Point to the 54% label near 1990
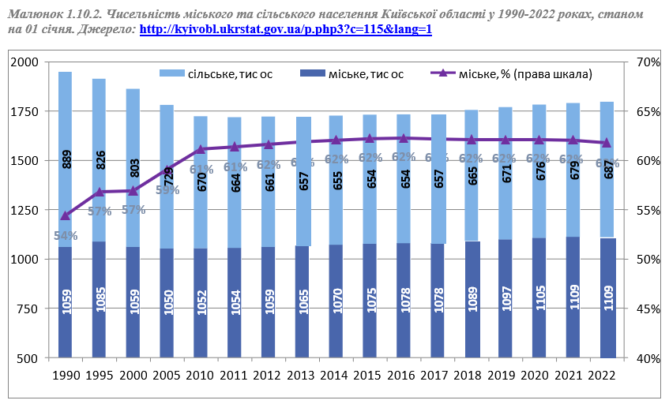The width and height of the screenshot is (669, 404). tap(65, 235)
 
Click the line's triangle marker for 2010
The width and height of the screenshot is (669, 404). tap(201, 148)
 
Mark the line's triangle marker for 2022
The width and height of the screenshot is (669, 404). tap(606, 143)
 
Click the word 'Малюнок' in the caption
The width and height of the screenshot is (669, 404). tap(31, 14)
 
